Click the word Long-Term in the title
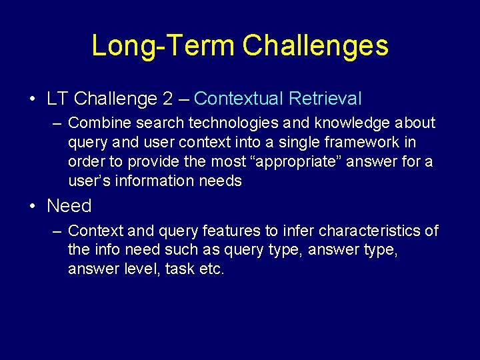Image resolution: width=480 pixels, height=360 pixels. [163, 46]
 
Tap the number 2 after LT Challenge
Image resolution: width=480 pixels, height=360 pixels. [167, 99]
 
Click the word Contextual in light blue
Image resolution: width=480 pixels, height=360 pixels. [239, 99]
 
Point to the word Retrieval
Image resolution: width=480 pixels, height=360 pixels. [325, 99]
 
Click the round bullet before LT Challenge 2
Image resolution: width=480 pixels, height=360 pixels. [33, 99]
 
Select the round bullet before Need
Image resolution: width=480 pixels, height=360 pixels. [33, 206]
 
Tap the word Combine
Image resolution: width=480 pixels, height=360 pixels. [95, 123]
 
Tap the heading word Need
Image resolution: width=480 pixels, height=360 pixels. [69, 206]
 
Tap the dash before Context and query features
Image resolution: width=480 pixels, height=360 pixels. [57, 231]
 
